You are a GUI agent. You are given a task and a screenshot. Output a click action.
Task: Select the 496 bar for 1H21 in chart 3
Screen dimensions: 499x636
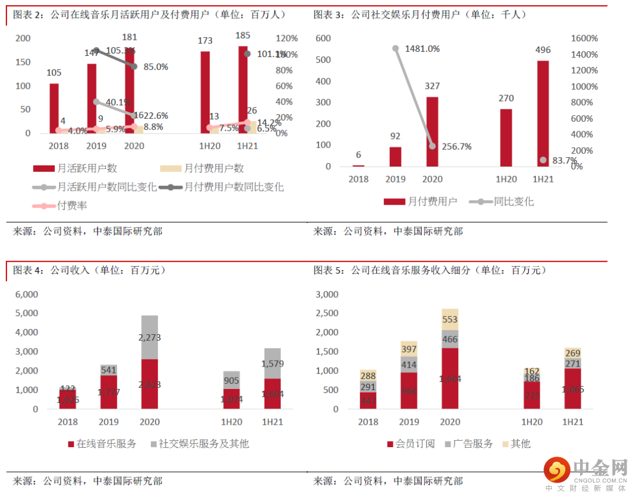[542, 114]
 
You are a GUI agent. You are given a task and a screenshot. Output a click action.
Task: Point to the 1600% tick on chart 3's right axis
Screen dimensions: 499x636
[585, 38]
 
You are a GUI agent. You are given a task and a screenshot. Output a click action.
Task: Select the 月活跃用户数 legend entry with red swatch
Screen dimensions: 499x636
[87, 168]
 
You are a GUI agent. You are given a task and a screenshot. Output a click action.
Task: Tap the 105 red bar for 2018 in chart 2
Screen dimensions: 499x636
[54, 108]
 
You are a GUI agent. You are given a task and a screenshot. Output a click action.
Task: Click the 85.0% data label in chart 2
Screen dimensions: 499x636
[156, 66]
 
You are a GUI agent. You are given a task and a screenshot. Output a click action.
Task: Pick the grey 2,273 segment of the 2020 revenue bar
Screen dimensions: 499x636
[150, 338]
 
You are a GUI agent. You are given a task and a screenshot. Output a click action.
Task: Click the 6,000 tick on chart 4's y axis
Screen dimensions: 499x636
[26, 294]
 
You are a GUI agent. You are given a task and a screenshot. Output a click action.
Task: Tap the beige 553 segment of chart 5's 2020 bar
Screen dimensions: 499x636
[450, 320]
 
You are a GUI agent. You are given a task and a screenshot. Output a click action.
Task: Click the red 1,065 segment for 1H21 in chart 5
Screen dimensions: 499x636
[572, 388]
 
